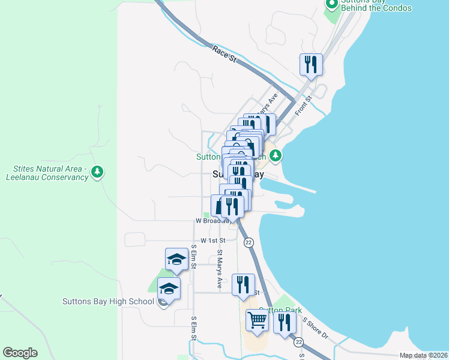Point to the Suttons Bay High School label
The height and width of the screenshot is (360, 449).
point(108,301)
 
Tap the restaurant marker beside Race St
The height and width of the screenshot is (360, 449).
point(311,64)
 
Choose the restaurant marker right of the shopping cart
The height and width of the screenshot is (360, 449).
point(285,322)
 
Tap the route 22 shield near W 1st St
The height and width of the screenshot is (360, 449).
point(249,242)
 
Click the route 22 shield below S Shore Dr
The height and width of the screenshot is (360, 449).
point(299,342)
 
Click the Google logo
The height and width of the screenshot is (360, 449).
point(20,353)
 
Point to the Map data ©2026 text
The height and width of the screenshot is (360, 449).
point(423,356)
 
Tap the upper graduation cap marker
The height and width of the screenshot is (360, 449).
point(176,259)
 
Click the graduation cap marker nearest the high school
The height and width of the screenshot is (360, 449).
point(169,289)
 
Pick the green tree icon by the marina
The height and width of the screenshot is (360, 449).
point(276,156)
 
